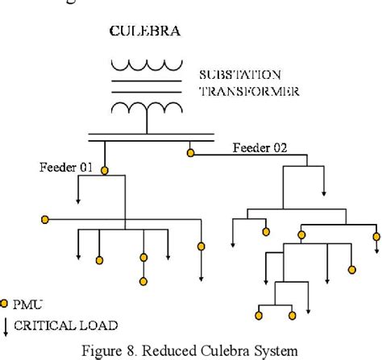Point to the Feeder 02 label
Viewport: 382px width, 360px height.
(260, 147)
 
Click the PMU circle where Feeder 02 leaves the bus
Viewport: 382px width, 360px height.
(190, 151)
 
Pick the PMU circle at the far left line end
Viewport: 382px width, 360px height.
(46, 219)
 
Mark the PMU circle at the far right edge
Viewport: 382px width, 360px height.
(375, 236)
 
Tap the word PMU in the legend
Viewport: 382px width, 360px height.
(28, 304)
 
